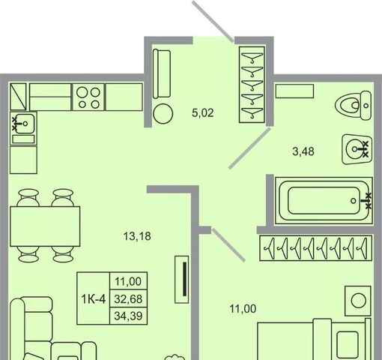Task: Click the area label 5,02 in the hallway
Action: click(203, 113)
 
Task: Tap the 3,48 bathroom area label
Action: click(303, 151)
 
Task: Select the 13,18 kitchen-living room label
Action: click(137, 236)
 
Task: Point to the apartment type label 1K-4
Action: click(94, 298)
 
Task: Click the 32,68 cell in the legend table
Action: click(128, 299)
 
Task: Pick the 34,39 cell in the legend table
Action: click(128, 316)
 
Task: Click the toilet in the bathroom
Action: click(353, 105)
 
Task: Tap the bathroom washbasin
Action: click(357, 149)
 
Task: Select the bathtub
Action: click(324, 201)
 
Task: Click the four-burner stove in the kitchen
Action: click(88, 97)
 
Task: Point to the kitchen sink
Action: click(23, 124)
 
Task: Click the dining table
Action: click(45, 226)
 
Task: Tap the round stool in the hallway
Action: click(163, 114)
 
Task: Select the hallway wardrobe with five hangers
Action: click(252, 85)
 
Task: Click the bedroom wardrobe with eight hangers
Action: click(316, 248)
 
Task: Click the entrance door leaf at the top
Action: click(213, 20)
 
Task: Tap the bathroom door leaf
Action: click(249, 148)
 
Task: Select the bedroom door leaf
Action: click(228, 244)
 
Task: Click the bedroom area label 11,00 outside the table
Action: click(243, 309)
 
